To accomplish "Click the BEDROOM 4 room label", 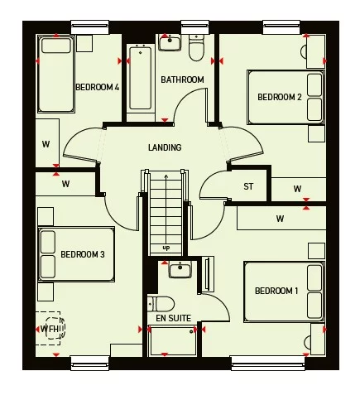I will pyautogui.click(x=98, y=87).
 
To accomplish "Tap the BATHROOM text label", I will pyautogui.click(x=182, y=80).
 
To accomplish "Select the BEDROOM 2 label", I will pyautogui.click(x=279, y=97).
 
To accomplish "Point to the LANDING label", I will pyautogui.click(x=165, y=147).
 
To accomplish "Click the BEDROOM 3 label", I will pyautogui.click(x=82, y=253).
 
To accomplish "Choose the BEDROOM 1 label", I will pyautogui.click(x=276, y=291).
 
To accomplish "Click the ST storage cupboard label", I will pyautogui.click(x=248, y=186).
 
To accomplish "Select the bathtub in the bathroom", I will pyautogui.click(x=141, y=77).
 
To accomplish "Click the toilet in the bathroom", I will pyautogui.click(x=197, y=50).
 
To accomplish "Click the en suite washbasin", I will pyautogui.click(x=180, y=269).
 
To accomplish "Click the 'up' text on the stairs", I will pyautogui.click(x=166, y=247).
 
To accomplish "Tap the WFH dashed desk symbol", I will pyautogui.click(x=51, y=329).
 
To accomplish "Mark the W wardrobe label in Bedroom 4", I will pyautogui.click(x=46, y=144).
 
